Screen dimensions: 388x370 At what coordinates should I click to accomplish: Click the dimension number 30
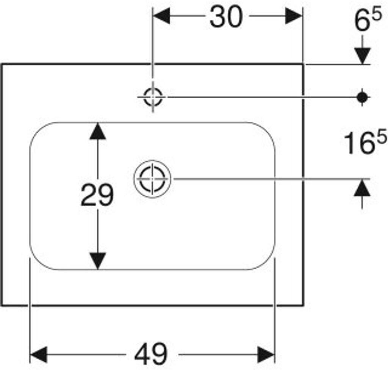coord(226,17)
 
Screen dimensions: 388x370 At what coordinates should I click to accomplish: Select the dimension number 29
coord(97,195)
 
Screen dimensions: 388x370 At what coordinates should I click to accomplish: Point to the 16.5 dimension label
coord(365,143)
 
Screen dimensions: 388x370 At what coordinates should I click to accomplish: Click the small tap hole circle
coord(153,97)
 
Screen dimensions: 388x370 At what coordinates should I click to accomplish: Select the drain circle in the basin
coord(152,179)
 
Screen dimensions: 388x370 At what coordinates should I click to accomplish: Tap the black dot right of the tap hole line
coord(363,97)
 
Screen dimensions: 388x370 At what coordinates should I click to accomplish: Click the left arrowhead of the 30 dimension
coord(161,16)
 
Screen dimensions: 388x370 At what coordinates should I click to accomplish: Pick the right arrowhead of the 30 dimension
coord(294,16)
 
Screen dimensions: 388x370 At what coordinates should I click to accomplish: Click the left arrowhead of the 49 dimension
coord(38,354)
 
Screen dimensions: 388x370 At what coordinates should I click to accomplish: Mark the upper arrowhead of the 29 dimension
coord(98,131)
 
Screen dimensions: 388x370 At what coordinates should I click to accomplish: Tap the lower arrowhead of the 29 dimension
coord(98,261)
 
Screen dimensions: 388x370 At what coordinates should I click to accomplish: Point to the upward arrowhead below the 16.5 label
coord(363,188)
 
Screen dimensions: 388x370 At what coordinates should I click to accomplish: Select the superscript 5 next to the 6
coord(377,16)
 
